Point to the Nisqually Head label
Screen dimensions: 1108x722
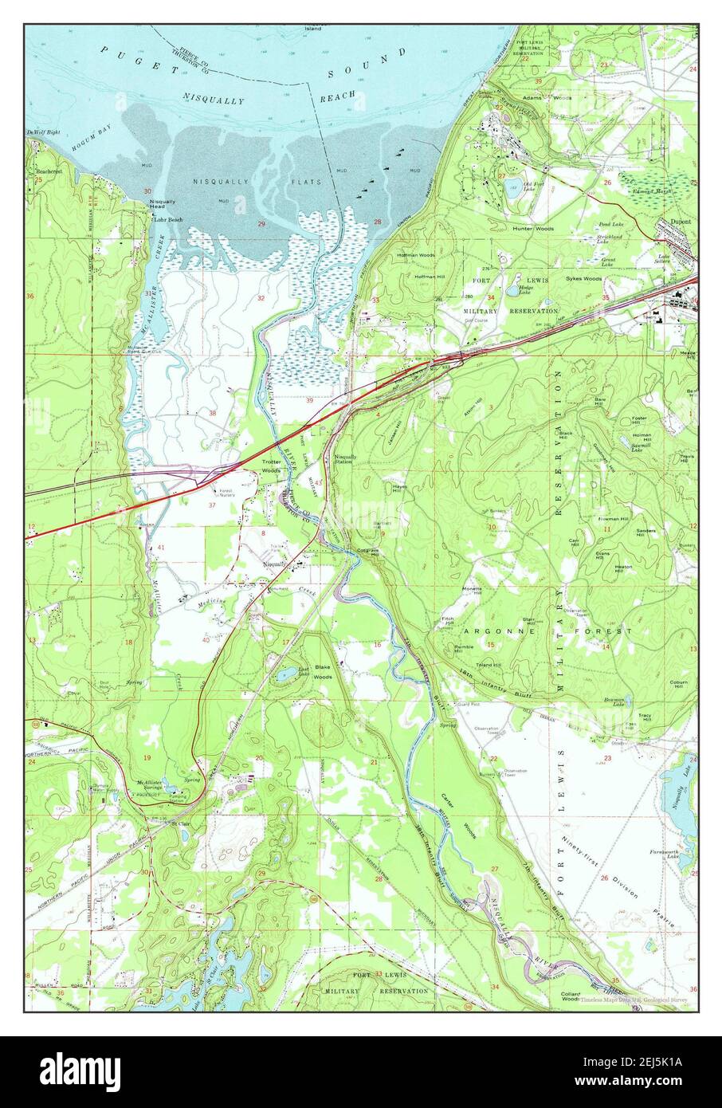coord(162,204)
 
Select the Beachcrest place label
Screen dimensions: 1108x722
coord(48,171)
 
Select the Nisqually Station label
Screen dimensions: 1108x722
coord(344,459)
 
